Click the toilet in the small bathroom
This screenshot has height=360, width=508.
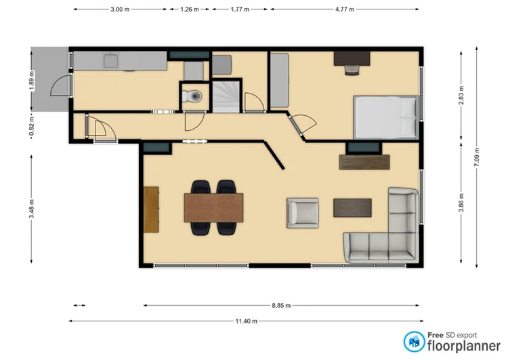(194, 96)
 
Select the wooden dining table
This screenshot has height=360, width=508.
(213, 207)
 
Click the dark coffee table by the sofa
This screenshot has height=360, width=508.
(352, 207)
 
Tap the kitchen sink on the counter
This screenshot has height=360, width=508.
(111, 61)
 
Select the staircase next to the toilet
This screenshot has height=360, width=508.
(227, 94)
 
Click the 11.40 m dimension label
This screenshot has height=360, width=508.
(248, 321)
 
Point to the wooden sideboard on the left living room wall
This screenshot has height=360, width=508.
(151, 209)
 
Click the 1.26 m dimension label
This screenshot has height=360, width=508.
(190, 10)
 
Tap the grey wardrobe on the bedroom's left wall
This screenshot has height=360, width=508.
(280, 80)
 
